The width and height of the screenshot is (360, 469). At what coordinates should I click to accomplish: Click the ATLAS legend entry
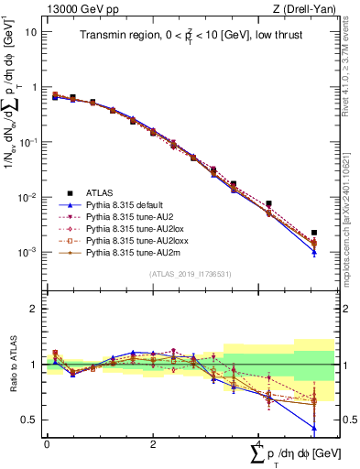pos(101,192)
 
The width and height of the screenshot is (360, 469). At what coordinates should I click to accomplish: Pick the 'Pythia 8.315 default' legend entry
pos(128,205)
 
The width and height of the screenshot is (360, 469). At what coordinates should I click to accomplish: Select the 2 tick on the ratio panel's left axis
pos(34,309)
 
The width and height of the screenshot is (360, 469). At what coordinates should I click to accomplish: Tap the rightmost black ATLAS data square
pos(314,233)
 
